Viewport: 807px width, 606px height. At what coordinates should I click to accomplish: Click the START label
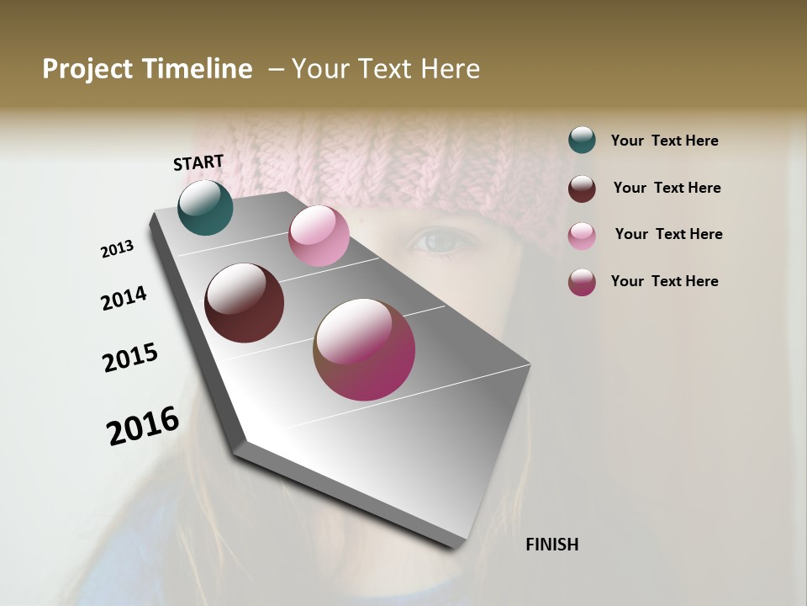tap(198, 162)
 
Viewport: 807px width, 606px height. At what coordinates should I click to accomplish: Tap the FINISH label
tap(551, 545)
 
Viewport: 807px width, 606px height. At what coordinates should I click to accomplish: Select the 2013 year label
tap(117, 249)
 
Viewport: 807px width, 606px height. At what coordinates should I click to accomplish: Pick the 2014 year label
tap(124, 298)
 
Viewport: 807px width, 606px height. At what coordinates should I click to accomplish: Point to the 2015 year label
tap(130, 358)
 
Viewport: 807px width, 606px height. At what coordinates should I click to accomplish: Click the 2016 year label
tap(143, 425)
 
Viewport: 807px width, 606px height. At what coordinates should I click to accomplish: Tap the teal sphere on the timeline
tap(205, 207)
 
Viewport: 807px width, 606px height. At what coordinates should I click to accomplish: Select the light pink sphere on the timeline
tap(319, 236)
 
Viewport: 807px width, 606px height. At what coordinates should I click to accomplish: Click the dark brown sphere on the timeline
tap(244, 303)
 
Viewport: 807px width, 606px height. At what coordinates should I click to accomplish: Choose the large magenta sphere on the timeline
tap(364, 349)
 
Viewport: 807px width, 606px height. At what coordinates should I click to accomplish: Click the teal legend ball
tap(582, 141)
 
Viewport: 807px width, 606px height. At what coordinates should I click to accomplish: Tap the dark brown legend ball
tap(582, 189)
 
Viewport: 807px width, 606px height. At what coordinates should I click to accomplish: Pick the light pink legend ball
tap(582, 236)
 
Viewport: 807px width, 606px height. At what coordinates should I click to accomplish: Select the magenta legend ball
tap(582, 282)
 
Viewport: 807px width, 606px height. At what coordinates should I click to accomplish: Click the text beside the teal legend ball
tap(664, 141)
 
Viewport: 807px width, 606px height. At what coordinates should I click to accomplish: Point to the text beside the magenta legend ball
tap(664, 281)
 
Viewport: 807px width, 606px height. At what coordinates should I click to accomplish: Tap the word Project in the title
tap(87, 69)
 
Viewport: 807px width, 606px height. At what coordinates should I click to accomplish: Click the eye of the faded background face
tap(440, 242)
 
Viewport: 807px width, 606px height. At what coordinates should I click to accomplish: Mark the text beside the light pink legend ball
tap(668, 234)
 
